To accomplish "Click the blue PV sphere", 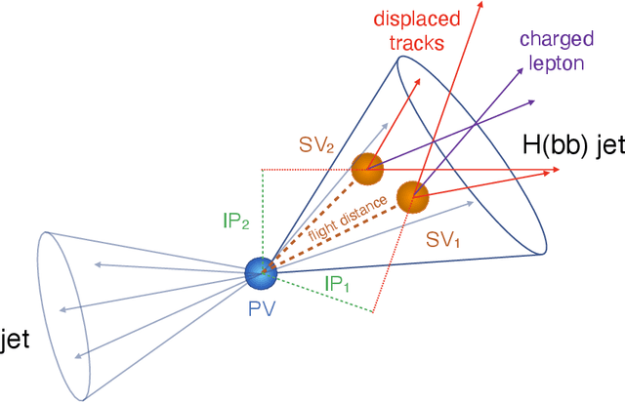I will (x=262, y=272).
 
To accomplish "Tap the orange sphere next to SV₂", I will (x=367, y=169).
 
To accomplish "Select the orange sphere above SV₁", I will (x=412, y=197).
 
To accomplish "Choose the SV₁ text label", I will (x=442, y=238).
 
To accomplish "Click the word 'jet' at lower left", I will (x=12, y=341).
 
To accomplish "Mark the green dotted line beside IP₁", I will (x=322, y=294).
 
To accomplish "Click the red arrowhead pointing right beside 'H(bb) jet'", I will (x=556, y=172).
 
